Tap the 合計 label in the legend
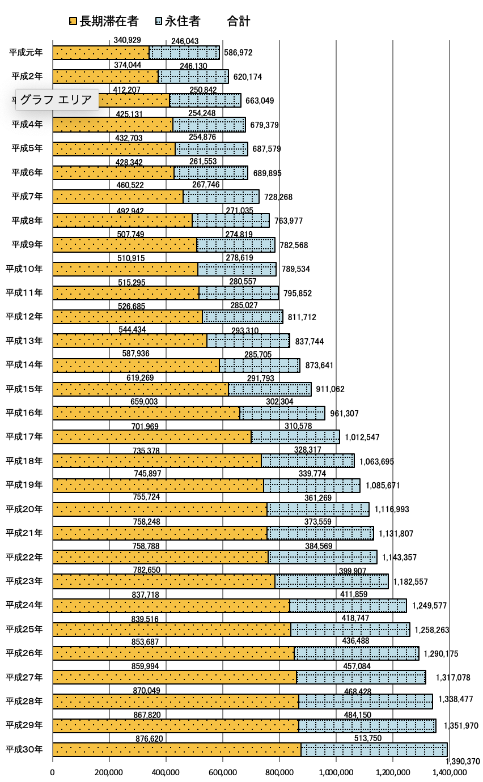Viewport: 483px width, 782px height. coord(238,22)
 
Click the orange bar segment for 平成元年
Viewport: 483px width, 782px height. coord(101,53)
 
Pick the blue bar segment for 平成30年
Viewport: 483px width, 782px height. coord(374,749)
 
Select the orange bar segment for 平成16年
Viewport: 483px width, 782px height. coord(146,413)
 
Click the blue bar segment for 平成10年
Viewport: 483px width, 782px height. coord(237,269)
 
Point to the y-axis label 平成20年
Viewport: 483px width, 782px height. coord(24,509)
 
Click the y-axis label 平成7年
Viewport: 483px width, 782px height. coord(27,197)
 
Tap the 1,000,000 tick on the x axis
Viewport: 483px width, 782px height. coord(336,772)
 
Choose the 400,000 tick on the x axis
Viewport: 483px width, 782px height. coord(166,772)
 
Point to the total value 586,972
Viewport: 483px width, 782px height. coord(238,53)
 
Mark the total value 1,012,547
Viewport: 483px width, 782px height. coord(362,437)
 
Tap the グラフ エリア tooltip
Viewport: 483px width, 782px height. coord(56,100)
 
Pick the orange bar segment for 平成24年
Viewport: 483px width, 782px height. coord(171,605)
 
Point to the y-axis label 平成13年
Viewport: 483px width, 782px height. coord(24,341)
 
